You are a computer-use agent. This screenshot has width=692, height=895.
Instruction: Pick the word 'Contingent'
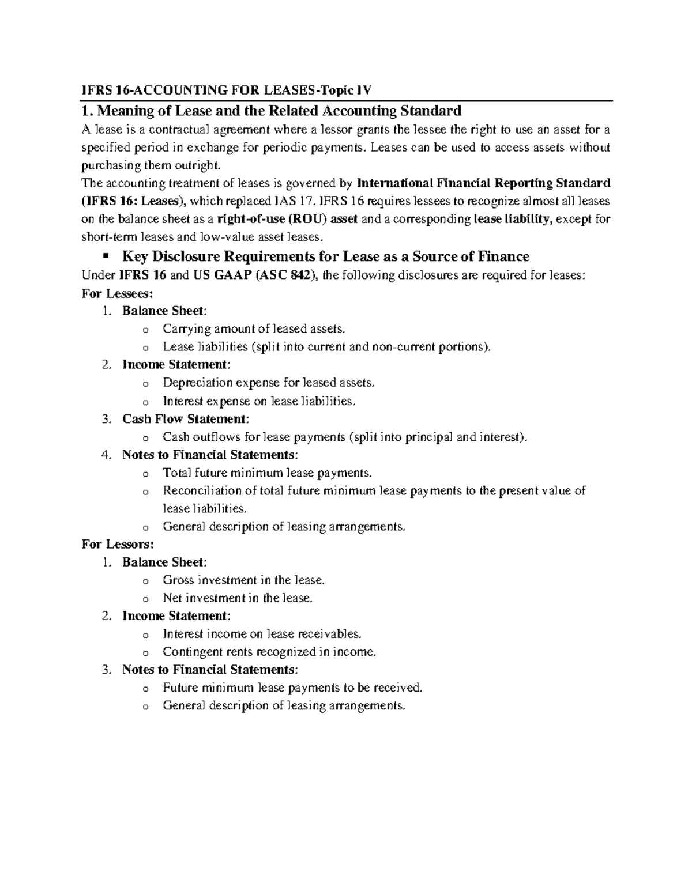190,652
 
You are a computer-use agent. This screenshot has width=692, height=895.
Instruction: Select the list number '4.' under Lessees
106,455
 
